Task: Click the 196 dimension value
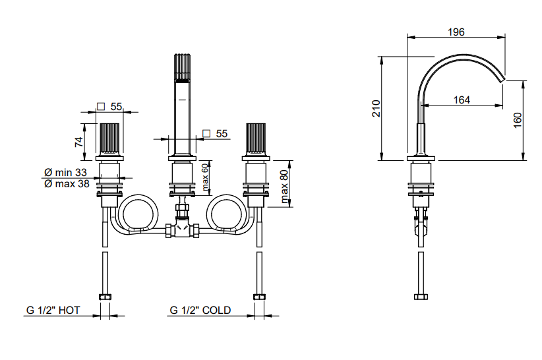(456, 32)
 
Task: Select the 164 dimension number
(462, 100)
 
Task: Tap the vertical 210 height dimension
(376, 108)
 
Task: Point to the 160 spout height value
(518, 120)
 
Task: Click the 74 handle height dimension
(79, 142)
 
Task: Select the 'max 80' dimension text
(284, 187)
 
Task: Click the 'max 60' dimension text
(205, 177)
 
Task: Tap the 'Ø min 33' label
(65, 172)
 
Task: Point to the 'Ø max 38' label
(67, 183)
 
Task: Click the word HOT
(69, 311)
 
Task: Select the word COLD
(216, 311)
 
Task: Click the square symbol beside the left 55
(101, 106)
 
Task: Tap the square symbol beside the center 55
(206, 133)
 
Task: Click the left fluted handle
(109, 140)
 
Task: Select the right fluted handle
(256, 140)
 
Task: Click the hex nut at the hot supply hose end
(105, 297)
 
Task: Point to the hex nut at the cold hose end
(259, 297)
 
